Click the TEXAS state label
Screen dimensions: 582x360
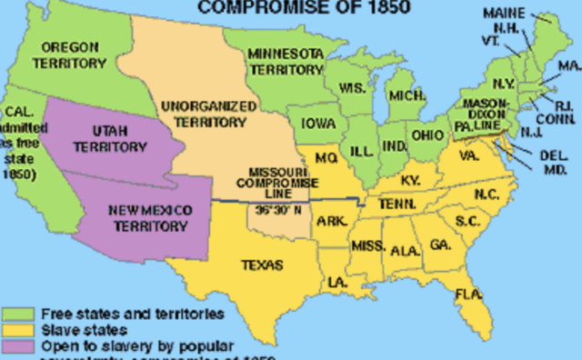coord(260,265)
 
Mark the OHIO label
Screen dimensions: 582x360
coord(427,135)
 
